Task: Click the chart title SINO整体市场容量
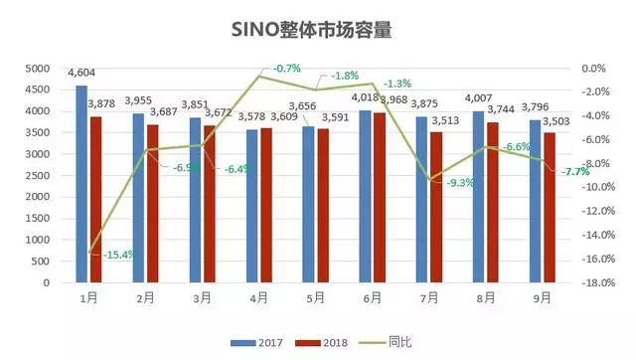[x=318, y=29]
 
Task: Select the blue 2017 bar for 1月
[x=81, y=184]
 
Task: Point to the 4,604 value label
[x=81, y=74]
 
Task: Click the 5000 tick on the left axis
[x=37, y=69]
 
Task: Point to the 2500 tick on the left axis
[x=37, y=176]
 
